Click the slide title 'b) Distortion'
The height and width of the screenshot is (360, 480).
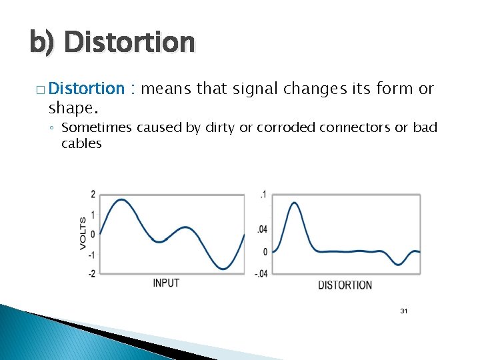click(112, 43)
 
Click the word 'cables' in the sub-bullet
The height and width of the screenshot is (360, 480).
click(81, 143)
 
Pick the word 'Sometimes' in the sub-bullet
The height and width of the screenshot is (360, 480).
click(97, 127)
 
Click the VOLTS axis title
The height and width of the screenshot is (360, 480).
click(83, 233)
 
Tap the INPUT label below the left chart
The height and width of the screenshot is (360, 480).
click(166, 283)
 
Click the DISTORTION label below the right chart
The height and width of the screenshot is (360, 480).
click(345, 285)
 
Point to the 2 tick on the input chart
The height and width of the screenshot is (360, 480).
click(93, 195)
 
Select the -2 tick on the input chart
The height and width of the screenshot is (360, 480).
click(91, 273)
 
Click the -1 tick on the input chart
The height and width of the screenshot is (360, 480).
click(91, 255)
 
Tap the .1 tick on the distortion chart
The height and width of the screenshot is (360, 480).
click(263, 195)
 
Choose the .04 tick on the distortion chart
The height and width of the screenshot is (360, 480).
click(262, 229)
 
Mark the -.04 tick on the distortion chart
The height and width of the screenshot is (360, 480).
click(261, 273)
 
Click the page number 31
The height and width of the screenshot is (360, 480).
click(403, 311)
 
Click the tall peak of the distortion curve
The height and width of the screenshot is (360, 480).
click(293, 203)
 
